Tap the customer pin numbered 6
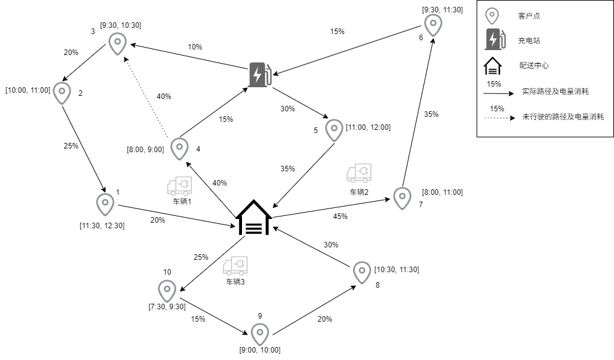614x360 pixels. [x=433, y=24]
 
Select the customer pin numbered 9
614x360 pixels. [x=260, y=334]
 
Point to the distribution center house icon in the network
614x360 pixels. [x=254, y=218]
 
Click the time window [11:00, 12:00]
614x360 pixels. [x=369, y=127]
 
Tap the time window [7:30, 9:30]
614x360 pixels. [x=167, y=306]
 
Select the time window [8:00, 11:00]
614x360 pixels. [x=442, y=192]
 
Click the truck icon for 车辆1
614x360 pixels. [x=179, y=186]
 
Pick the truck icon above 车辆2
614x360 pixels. [x=359, y=173]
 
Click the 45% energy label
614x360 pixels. [x=340, y=216]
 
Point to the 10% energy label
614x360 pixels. [x=196, y=47]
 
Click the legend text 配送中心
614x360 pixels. [x=534, y=65]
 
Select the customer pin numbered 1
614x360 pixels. [x=105, y=204]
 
